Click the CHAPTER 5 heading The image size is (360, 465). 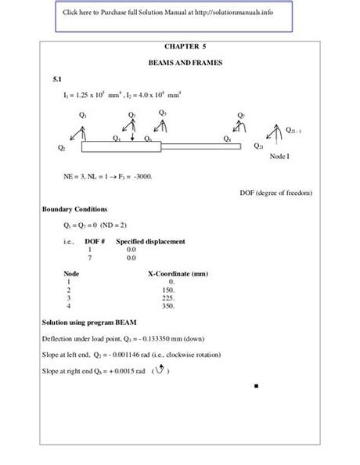coord(181,47)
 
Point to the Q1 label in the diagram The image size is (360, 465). coord(83,115)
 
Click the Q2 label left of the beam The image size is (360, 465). coord(62,147)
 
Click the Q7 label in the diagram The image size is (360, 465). coord(241,115)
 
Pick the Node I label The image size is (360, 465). coord(279,157)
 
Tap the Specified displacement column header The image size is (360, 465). coord(150,241)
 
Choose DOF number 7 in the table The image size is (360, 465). coord(90,257)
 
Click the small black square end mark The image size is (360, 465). coord(256,386)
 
